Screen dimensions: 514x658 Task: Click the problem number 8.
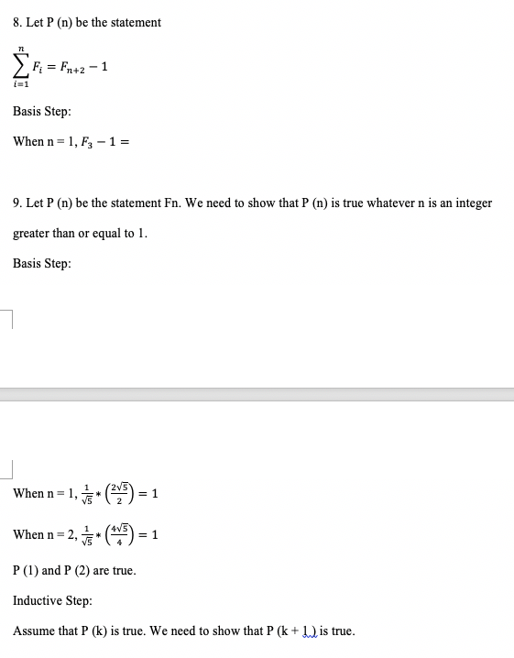click(x=18, y=22)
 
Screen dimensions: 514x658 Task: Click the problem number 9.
click(x=18, y=203)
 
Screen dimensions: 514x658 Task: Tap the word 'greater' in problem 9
click(x=31, y=233)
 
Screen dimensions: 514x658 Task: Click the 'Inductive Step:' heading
click(x=52, y=600)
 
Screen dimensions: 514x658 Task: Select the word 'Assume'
click(x=34, y=631)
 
